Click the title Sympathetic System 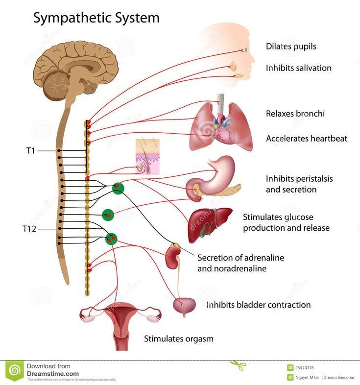(x=96, y=18)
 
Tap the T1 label (x=30, y=150)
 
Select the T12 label (x=29, y=229)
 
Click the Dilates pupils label (x=291, y=47)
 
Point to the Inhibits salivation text (x=298, y=68)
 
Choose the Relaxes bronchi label (x=295, y=114)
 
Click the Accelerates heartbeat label (x=306, y=138)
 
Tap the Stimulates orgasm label (x=178, y=338)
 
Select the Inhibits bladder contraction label (x=258, y=305)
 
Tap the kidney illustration (x=172, y=257)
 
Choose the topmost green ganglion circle (x=118, y=188)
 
